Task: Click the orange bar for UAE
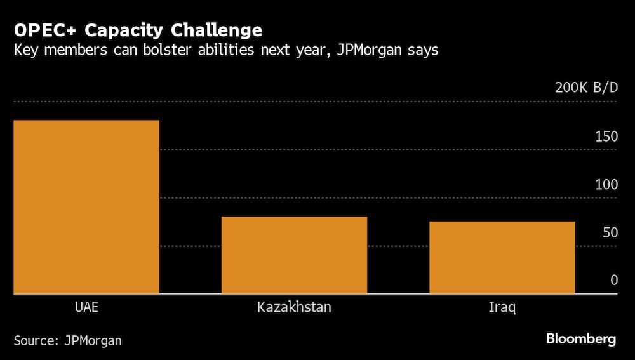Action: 86,207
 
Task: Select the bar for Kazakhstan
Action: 294,255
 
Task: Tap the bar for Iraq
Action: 502,258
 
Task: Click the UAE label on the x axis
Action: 86,308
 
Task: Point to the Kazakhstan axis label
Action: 294,308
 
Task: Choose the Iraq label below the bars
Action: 502,308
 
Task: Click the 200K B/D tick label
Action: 586,88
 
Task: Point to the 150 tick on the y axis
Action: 606,137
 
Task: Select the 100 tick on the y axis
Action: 606,184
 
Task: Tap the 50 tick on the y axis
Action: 610,232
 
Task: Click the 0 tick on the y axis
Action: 614,280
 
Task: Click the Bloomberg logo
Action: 580,339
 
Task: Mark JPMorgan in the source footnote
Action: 93,340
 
